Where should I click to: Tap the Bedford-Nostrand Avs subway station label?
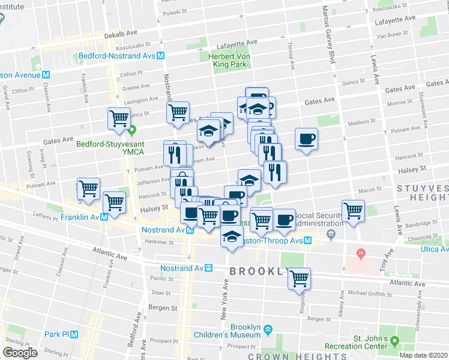click(x=117, y=56)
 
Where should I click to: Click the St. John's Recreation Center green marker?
click(x=394, y=341)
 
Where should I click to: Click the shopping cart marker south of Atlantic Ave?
click(x=299, y=278)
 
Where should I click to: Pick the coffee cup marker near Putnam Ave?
click(x=306, y=139)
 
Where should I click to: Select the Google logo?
click(x=20, y=353)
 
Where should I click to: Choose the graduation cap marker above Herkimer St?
click(x=231, y=236)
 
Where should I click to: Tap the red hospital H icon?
click(x=360, y=253)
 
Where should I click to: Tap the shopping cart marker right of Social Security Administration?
click(x=353, y=211)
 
